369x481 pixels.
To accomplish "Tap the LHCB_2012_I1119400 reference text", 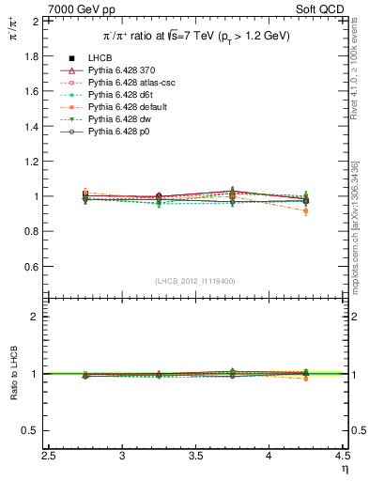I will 196,281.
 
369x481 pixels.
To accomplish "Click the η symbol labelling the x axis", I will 346,469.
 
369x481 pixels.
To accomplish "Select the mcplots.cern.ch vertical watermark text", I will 360,225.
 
